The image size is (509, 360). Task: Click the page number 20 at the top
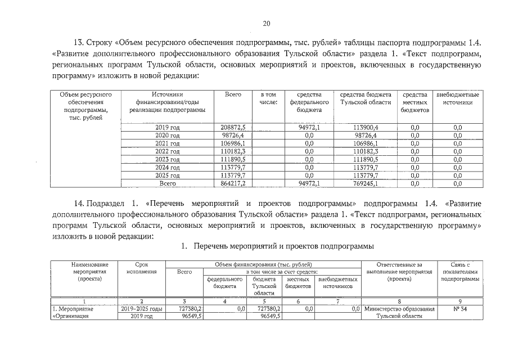click(x=266, y=23)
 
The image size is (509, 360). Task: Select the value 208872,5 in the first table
click(x=233, y=128)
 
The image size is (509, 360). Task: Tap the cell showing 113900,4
click(x=365, y=128)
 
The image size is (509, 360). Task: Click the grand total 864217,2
click(x=233, y=183)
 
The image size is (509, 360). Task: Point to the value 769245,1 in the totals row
click(x=365, y=183)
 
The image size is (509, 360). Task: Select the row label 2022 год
click(x=167, y=152)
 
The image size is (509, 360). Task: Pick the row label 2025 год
click(x=167, y=175)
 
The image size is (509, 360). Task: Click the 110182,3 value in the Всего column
click(x=233, y=152)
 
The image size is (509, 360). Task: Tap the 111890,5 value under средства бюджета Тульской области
click(x=365, y=160)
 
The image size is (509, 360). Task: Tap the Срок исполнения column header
click(x=142, y=268)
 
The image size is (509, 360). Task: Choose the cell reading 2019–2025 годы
click(x=142, y=309)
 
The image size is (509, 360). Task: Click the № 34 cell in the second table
click(x=463, y=309)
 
